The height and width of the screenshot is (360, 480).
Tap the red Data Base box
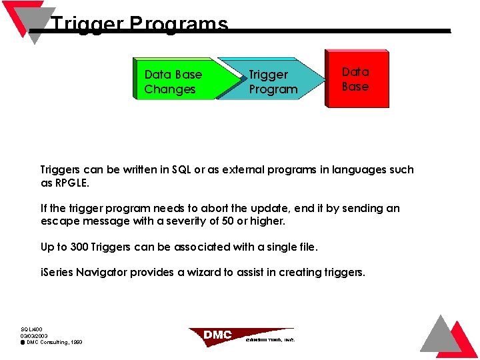click(356, 79)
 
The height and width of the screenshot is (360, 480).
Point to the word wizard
click(191, 272)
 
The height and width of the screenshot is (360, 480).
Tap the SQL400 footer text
click(31, 329)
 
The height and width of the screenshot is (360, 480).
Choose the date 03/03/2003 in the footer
click(34, 335)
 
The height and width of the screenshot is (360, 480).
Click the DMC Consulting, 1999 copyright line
click(53, 342)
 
